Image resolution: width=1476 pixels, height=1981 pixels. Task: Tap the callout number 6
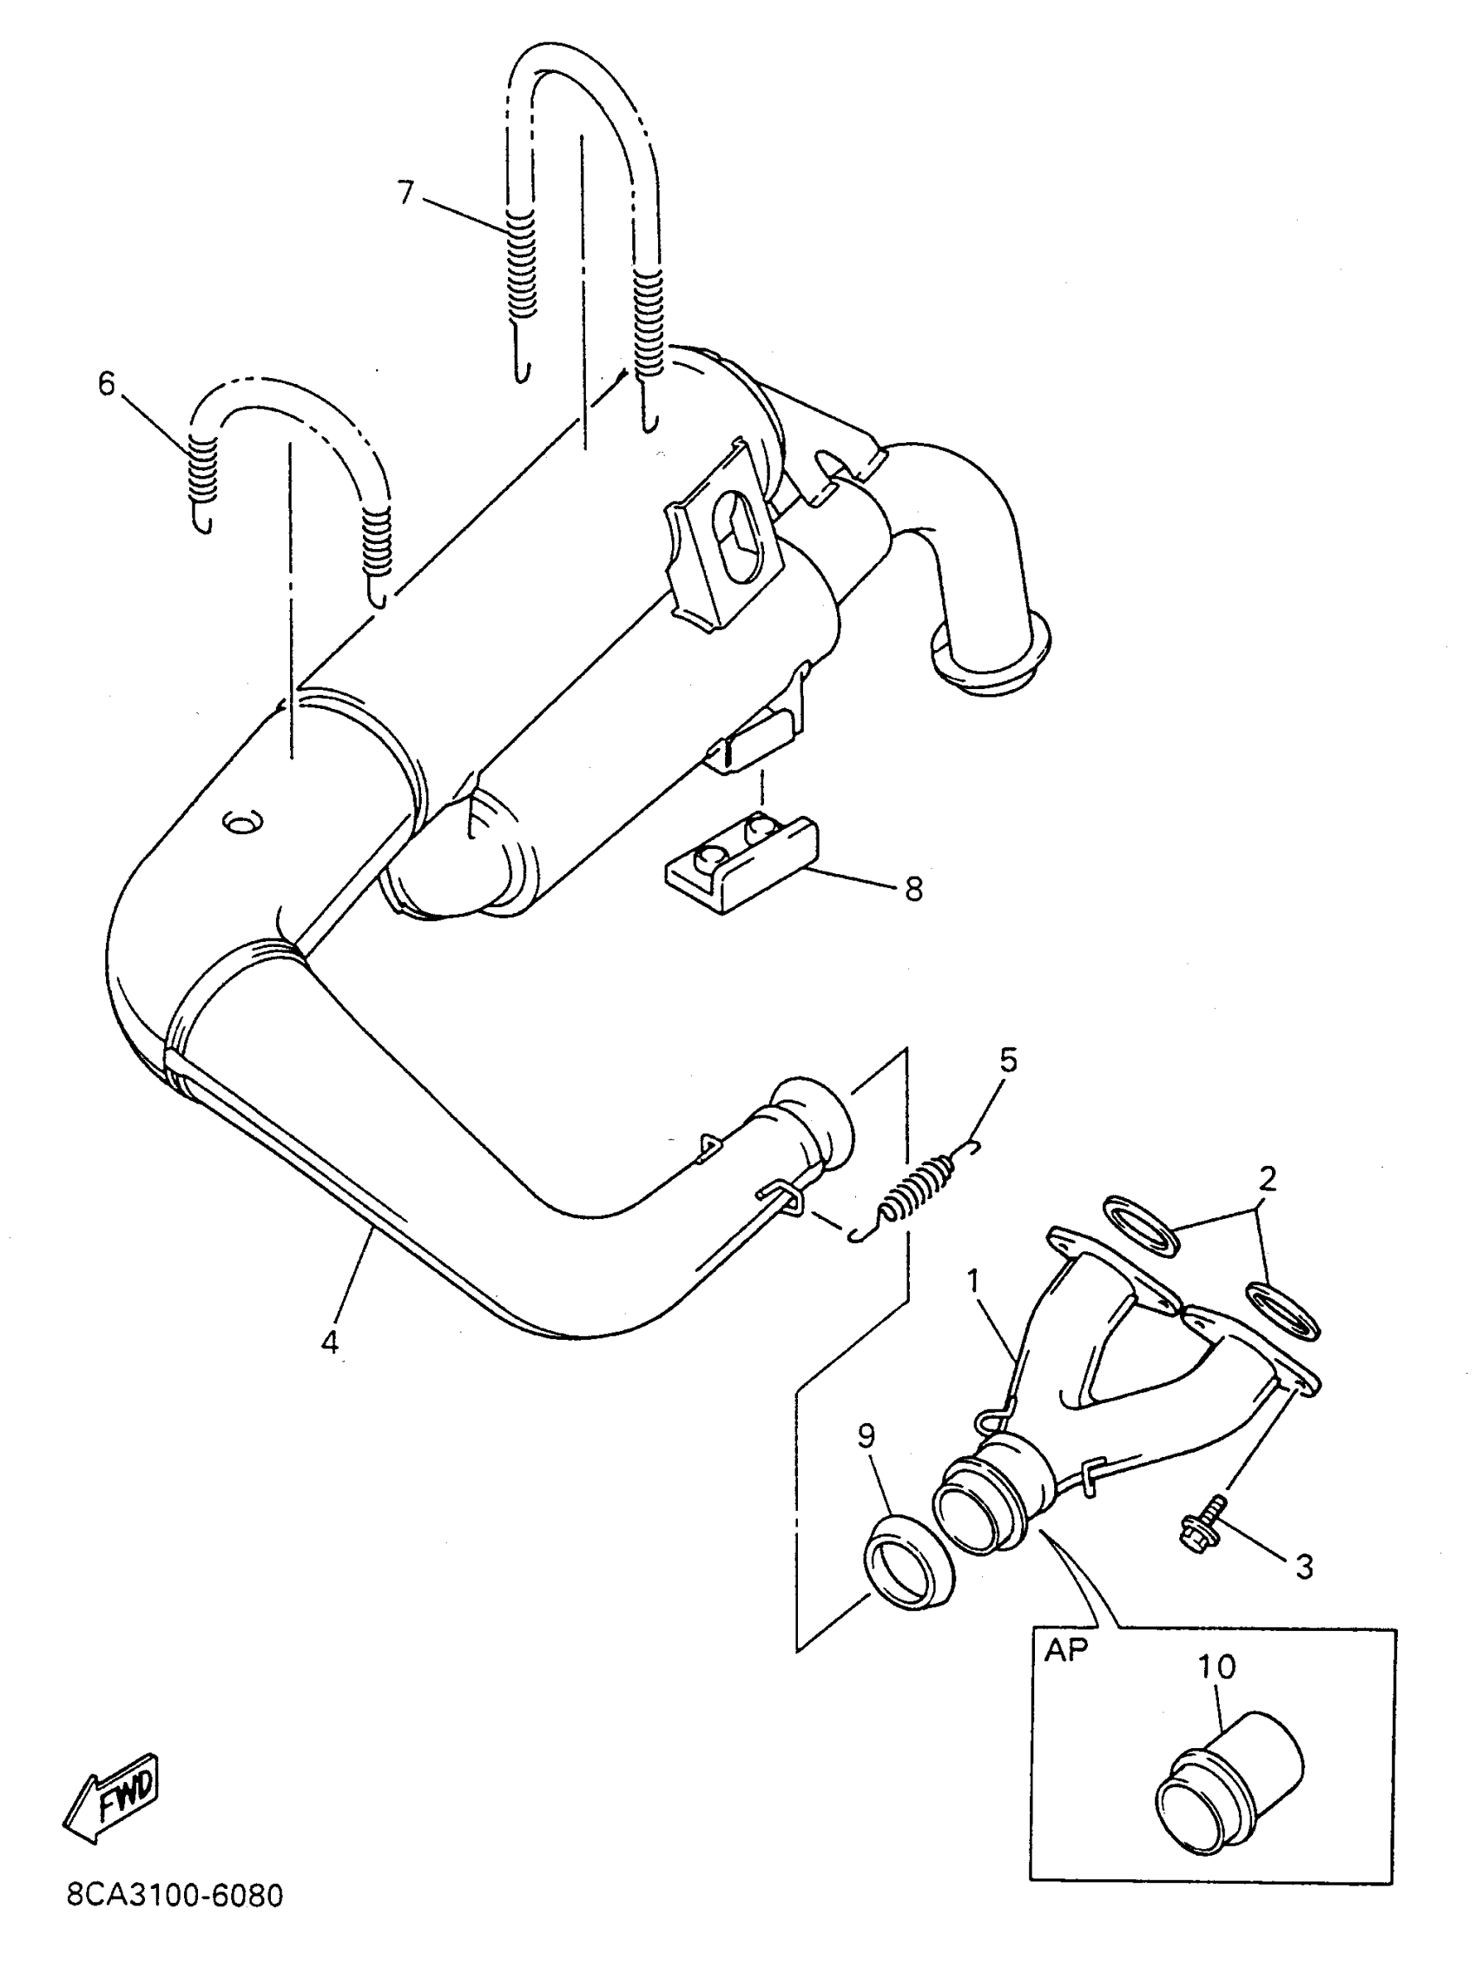(x=107, y=384)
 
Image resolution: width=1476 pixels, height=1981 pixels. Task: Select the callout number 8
(x=913, y=890)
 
